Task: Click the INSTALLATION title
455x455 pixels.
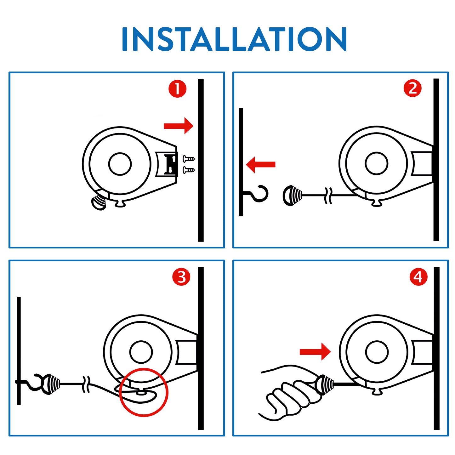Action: [x=234, y=39]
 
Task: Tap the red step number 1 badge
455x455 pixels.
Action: [x=177, y=89]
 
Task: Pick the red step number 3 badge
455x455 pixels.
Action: [x=181, y=277]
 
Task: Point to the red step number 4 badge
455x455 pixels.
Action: [x=418, y=277]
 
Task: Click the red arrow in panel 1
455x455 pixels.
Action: [x=179, y=126]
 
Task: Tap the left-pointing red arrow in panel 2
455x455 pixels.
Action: [x=260, y=164]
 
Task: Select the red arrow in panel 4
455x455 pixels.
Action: [x=315, y=352]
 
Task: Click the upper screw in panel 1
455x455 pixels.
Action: [x=189, y=158]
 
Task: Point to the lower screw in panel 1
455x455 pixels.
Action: [x=189, y=170]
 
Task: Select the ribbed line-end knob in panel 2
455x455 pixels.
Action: [x=292, y=196]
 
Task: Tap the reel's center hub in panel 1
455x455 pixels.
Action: [x=120, y=164]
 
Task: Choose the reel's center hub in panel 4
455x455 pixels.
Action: [x=376, y=352]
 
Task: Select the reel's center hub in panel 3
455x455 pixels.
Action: [x=141, y=352]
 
